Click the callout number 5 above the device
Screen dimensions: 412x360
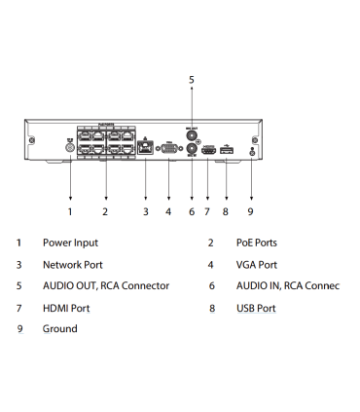click(x=191, y=79)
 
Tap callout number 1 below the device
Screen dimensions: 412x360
click(x=70, y=210)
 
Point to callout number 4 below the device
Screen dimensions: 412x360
click(x=168, y=210)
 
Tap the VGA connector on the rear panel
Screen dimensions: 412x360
click(x=168, y=151)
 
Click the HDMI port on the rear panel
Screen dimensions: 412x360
click(x=207, y=152)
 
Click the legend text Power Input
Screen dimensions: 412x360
click(x=70, y=242)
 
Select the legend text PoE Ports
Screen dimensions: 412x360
click(x=256, y=242)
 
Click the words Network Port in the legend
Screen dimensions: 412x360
click(x=72, y=264)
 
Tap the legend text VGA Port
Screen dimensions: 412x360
click(x=256, y=264)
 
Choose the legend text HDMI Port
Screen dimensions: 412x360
click(x=66, y=308)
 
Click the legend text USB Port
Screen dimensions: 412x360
click(x=256, y=308)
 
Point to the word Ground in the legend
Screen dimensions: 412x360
click(x=59, y=329)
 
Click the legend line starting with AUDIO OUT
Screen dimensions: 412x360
click(x=105, y=285)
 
